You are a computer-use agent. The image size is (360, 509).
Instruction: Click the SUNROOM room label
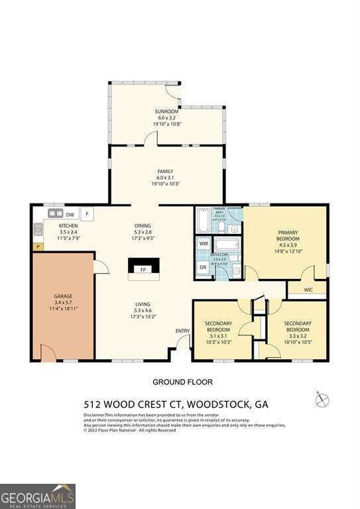click(x=167, y=111)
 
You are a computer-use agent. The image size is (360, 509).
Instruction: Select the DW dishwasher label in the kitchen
click(x=69, y=214)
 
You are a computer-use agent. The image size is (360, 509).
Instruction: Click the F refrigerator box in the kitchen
click(x=87, y=214)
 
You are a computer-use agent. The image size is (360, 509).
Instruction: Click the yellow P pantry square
click(x=37, y=247)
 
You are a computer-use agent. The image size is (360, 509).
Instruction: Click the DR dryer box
click(x=204, y=267)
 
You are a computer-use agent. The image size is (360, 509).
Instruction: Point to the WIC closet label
click(x=308, y=289)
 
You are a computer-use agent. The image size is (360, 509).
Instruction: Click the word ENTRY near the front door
click(x=182, y=331)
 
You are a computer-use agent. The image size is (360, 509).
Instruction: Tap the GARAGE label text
click(x=63, y=296)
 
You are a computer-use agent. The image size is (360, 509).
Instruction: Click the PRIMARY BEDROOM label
click(x=288, y=236)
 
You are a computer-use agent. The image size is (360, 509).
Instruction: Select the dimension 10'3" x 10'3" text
click(x=218, y=341)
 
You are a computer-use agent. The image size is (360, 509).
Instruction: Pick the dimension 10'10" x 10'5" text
click(x=298, y=341)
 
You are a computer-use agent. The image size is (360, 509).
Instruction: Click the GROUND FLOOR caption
click(x=182, y=382)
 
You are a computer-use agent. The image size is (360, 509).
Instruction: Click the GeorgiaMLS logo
click(x=38, y=496)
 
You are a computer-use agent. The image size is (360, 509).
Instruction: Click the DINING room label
click(x=143, y=225)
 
